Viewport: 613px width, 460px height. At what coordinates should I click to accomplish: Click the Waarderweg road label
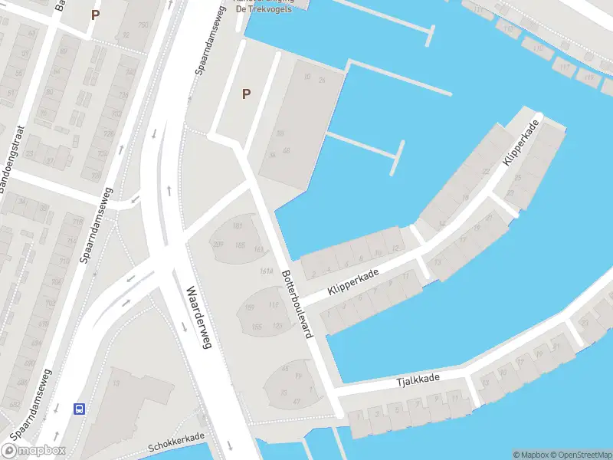pyautogui.click(x=198, y=317)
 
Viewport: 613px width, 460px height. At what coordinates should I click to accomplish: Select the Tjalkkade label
pyautogui.click(x=418, y=379)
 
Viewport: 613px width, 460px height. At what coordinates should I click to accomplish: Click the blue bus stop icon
pyautogui.click(x=79, y=408)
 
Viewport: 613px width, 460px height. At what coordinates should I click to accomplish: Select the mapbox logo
pyautogui.click(x=33, y=451)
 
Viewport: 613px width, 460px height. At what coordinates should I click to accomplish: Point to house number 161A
pyautogui.click(x=267, y=272)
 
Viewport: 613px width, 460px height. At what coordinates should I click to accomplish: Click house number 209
pyautogui.click(x=218, y=244)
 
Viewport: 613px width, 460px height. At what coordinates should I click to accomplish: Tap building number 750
pyautogui.click(x=143, y=25)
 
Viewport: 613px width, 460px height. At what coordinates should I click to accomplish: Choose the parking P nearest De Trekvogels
pyautogui.click(x=246, y=94)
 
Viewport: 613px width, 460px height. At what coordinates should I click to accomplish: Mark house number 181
pyautogui.click(x=238, y=225)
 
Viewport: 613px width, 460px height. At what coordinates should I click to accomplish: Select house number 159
pyautogui.click(x=249, y=307)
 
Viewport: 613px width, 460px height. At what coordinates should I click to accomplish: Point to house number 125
pyautogui.click(x=276, y=327)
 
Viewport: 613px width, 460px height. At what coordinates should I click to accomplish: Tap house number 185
pyautogui.click(x=240, y=245)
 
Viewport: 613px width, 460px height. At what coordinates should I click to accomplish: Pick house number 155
pyautogui.click(x=256, y=327)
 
